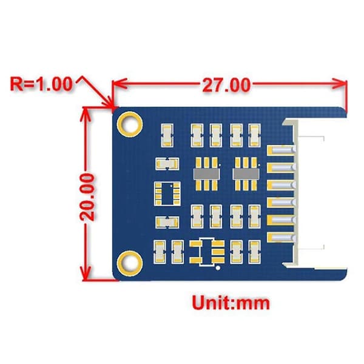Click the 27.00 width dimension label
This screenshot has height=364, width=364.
pyautogui.click(x=226, y=85)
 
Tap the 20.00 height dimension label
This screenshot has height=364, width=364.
pyautogui.click(x=87, y=197)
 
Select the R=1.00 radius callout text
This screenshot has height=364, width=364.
pyautogui.click(x=41, y=84)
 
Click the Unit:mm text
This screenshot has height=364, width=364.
pyautogui.click(x=231, y=303)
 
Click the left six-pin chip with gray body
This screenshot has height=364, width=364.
pyautogui.click(x=206, y=174)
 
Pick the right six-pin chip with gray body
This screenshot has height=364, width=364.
pyautogui.click(x=246, y=174)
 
